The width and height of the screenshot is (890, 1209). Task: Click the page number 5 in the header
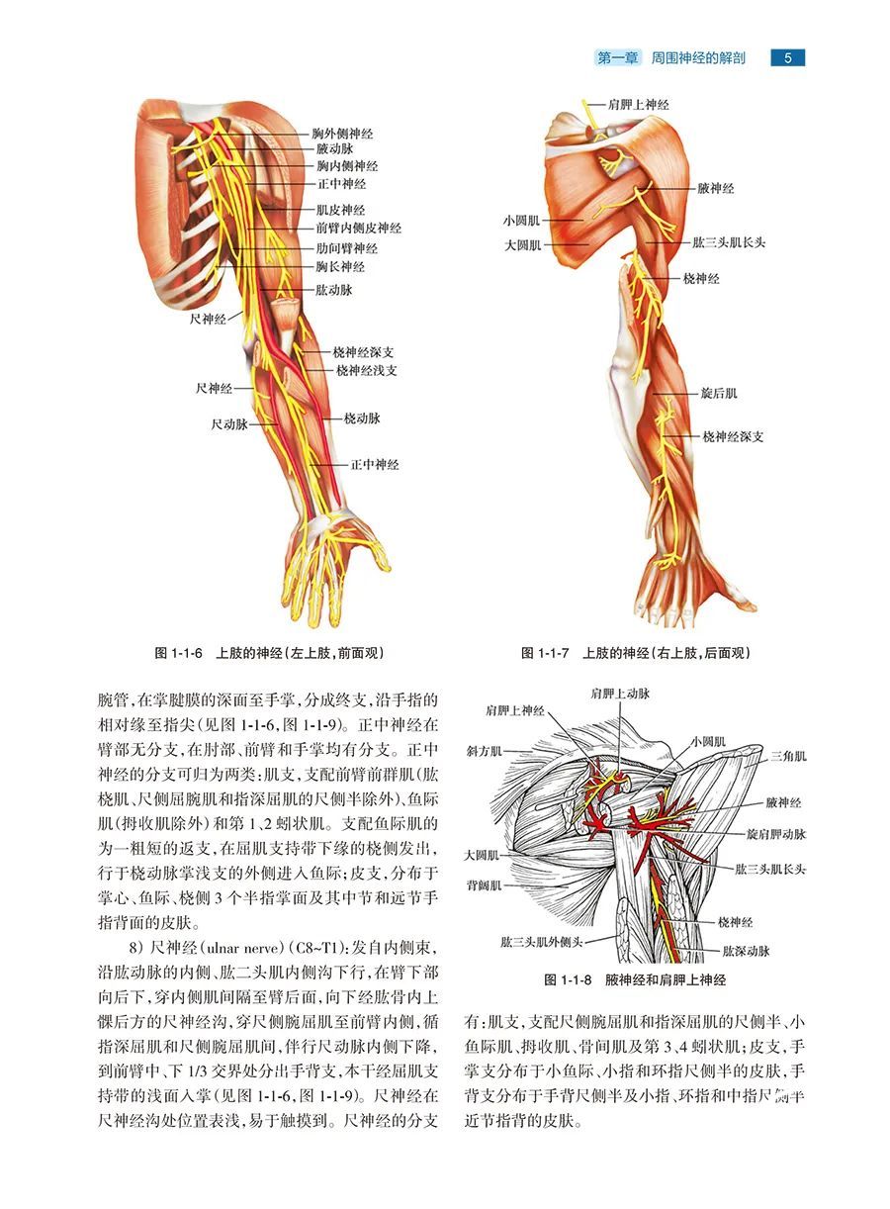coord(787,57)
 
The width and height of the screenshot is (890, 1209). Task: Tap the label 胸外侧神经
coord(342,134)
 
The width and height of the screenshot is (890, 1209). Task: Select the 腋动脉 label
coord(335,148)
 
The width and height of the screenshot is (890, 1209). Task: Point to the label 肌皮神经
coord(340,210)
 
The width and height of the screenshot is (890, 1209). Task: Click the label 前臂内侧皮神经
coord(359,228)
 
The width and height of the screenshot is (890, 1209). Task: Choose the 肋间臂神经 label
coord(347,248)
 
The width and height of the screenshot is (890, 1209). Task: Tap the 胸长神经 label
coord(340,266)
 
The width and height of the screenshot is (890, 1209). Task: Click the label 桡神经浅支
coord(367,371)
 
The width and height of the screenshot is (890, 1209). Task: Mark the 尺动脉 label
coord(229,424)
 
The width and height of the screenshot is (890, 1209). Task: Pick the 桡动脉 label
coord(363,418)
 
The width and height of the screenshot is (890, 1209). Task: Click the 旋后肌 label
coord(719,393)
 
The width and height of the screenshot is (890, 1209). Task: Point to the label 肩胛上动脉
coord(620,694)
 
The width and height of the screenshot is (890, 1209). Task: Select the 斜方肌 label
coord(485,751)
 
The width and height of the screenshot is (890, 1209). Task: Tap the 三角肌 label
coord(788,756)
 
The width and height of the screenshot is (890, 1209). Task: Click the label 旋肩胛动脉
coord(776,834)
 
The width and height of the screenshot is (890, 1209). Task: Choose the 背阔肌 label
coord(485,885)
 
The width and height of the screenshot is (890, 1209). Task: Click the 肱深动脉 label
coord(746,951)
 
